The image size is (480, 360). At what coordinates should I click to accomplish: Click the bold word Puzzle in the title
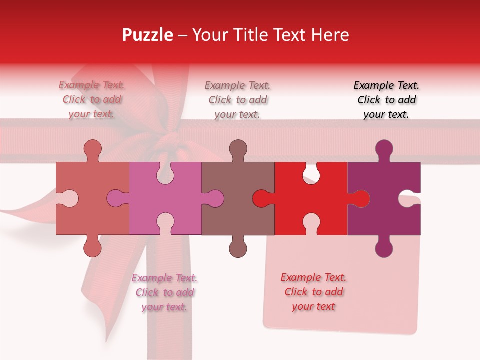(147, 35)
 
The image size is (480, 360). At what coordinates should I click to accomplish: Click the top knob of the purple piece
(384, 149)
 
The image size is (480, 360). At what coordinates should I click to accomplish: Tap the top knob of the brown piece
(238, 149)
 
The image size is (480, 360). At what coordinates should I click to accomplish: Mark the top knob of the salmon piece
(92, 149)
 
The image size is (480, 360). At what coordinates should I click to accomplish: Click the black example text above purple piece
(386, 100)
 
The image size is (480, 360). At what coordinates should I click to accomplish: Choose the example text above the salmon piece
(92, 100)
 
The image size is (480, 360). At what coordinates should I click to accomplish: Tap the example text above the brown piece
(238, 100)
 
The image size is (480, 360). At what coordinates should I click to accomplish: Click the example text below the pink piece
(165, 292)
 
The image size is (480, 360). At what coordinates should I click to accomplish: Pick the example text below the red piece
(313, 292)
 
